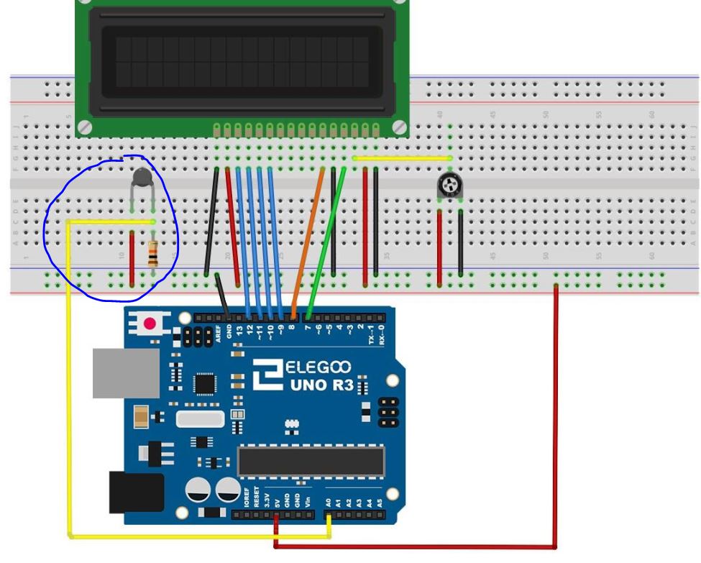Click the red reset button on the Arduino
tap(150, 324)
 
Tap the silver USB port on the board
tap(126, 373)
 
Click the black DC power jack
tap(135, 493)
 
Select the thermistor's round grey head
tap(142, 177)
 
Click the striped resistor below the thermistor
tap(152, 254)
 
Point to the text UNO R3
tap(322, 385)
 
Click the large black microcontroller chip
tap(311, 461)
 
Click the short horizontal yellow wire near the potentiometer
tap(401, 158)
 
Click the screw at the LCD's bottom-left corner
tap(85, 127)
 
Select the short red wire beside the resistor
tap(132, 257)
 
